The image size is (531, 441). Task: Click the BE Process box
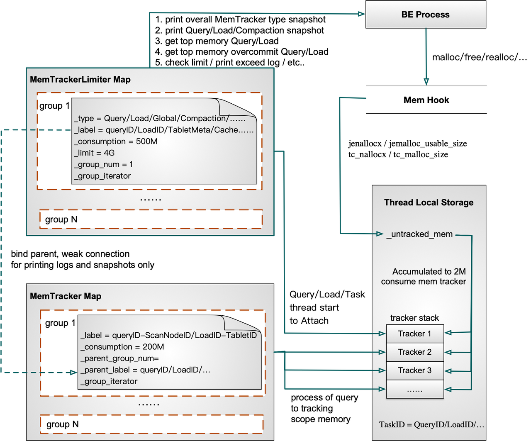coord(425,15)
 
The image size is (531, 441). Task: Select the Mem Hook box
coord(426,100)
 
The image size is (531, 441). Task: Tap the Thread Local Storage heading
coord(429,202)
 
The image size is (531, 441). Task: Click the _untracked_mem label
coord(419,234)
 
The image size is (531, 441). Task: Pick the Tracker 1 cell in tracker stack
coord(414,334)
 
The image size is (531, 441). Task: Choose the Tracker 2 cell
coord(414,352)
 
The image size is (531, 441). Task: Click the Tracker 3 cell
coord(414,370)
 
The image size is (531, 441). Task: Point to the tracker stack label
coord(414,318)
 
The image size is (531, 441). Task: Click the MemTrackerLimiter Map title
coord(80,80)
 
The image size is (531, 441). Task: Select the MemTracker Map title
coord(66,296)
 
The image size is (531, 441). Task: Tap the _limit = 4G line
coord(94,153)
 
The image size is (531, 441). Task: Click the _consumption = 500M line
coord(116,141)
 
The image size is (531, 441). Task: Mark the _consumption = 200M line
coord(122,347)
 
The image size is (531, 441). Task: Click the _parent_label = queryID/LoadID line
coord(145,370)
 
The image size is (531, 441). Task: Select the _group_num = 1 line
coord(103,165)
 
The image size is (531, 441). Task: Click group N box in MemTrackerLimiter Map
coord(151,219)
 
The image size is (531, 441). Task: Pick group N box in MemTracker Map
coord(151,424)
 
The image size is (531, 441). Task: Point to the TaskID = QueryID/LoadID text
coord(431,425)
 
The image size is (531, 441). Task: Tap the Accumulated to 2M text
coord(429,272)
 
